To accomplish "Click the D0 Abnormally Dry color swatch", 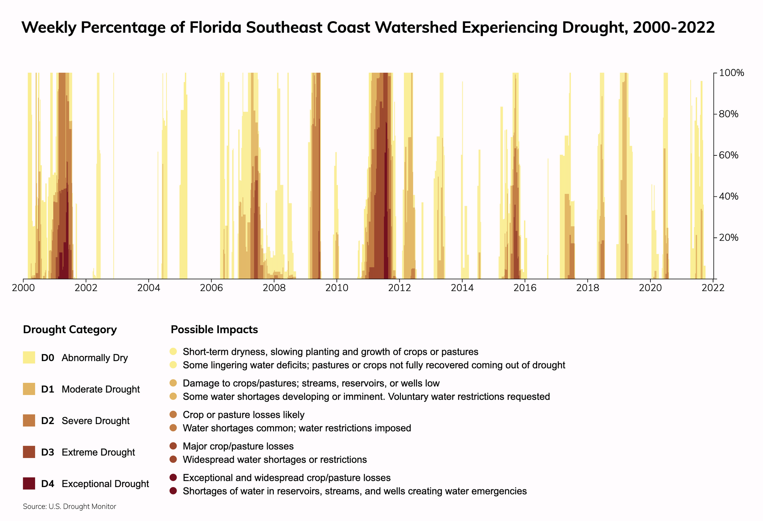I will (29, 357).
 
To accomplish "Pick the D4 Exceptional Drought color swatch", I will (29, 483).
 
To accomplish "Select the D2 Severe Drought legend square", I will (29, 420).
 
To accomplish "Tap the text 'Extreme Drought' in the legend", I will (98, 452).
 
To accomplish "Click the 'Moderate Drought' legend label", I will (101, 389).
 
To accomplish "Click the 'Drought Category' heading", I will (70, 329).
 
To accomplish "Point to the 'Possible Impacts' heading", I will (214, 329).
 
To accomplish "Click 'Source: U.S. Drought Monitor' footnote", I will (69, 506).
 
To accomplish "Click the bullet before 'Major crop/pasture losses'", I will (173, 446).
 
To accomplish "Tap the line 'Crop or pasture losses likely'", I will (244, 414).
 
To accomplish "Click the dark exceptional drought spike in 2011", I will (386, 224).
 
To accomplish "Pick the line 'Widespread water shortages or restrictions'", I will (275, 459).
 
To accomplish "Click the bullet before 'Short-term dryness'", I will (173, 351).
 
